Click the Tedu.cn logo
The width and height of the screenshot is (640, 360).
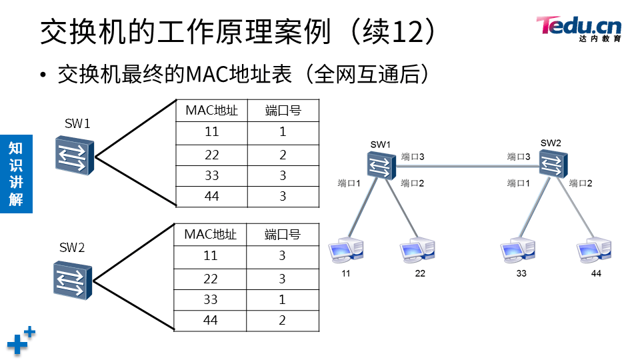pos(578,29)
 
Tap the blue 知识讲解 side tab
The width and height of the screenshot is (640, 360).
pos(15,173)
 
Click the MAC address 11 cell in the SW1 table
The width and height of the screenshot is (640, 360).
pos(211,132)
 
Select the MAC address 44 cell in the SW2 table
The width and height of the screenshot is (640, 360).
pos(211,321)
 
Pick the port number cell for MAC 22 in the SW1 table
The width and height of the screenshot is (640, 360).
pos(283,155)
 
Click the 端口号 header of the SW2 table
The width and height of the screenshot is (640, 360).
pos(283,235)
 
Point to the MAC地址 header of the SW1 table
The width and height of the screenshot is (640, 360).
pos(211,111)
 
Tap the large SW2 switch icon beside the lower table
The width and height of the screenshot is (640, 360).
pos(72,279)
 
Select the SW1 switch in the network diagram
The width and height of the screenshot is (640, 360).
pos(380,165)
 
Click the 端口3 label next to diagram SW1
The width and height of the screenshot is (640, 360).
pos(413,157)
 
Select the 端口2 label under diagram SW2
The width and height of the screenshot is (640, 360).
pos(581,183)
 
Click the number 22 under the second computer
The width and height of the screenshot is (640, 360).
pos(420,273)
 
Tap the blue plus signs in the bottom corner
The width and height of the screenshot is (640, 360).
pos(21,341)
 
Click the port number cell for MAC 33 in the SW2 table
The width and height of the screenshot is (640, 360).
pos(283,299)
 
